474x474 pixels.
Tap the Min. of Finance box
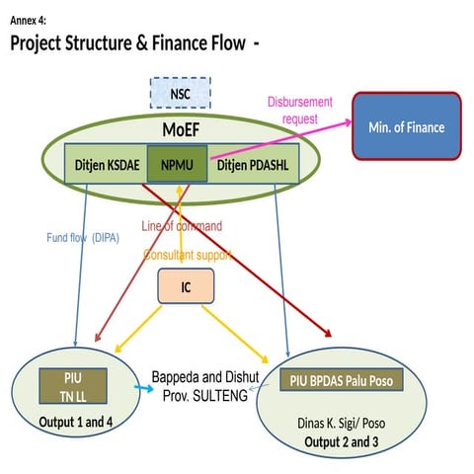[407, 127]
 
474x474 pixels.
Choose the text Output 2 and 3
[342, 440]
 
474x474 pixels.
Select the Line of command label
[182, 225]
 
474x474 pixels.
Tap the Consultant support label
[188, 255]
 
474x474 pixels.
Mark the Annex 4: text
[29, 20]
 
